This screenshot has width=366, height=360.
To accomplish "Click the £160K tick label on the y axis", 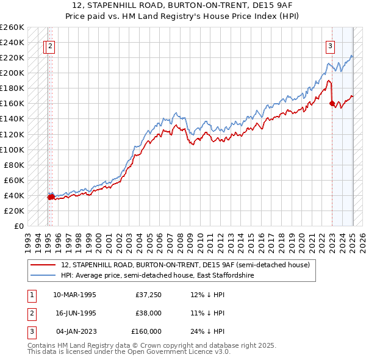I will tap(12, 104).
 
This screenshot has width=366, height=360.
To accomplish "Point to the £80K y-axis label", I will tap(13, 165).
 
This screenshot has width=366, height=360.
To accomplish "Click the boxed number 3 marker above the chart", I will tap(330, 45).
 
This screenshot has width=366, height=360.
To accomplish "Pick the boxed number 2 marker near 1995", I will tap(50, 45).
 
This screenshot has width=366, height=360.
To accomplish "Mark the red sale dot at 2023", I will tap(332, 104).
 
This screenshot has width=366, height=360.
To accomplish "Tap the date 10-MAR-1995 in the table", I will tap(74, 295).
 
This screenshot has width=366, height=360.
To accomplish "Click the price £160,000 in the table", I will tap(146, 331).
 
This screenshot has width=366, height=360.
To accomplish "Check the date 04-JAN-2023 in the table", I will tap(74, 331).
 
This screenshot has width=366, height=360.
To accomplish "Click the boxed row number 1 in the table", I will tap(31, 295).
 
